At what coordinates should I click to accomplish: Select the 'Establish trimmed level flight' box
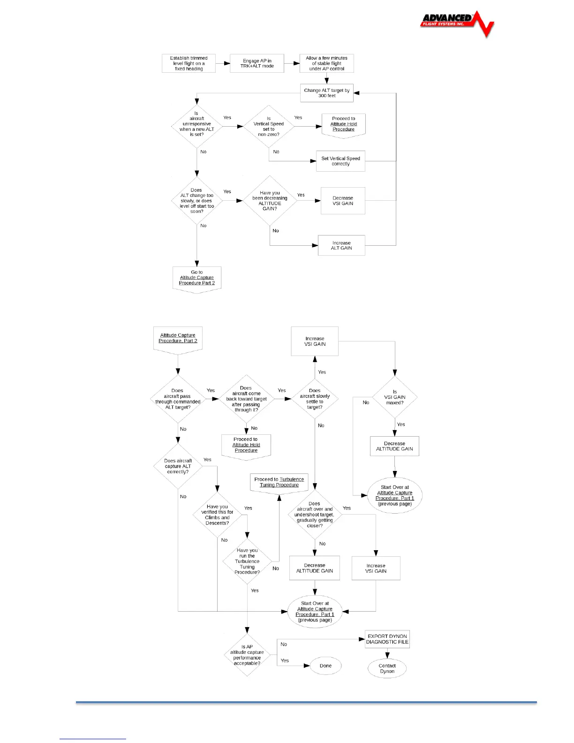[x=189, y=63]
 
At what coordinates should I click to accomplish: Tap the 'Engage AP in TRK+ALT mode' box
[x=257, y=63]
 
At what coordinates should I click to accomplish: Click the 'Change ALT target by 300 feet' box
[x=326, y=93]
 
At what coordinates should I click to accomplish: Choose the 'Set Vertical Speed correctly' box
[x=340, y=161]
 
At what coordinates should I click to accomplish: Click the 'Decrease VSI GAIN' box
[x=343, y=201]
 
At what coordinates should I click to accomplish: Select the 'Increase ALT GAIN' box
[x=341, y=245]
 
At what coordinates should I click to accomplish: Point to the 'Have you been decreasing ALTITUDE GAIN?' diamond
[x=270, y=201]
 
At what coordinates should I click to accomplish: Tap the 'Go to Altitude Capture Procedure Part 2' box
[x=197, y=278]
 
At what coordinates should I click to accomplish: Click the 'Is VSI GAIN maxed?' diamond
[x=395, y=397]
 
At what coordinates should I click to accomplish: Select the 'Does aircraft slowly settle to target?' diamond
[x=315, y=399]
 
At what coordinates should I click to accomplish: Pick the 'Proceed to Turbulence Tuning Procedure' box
[x=279, y=483]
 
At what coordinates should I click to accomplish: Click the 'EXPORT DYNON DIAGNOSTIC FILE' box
[x=387, y=639]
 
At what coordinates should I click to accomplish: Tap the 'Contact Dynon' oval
[x=387, y=668]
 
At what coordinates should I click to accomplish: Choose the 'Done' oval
[x=325, y=666]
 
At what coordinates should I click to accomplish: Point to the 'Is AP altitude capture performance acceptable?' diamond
[x=247, y=655]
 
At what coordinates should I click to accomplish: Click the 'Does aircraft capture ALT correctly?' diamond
[x=178, y=466]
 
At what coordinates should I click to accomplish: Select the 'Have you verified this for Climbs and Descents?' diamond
[x=217, y=515]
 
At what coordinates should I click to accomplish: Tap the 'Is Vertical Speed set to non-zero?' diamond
[x=269, y=127]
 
